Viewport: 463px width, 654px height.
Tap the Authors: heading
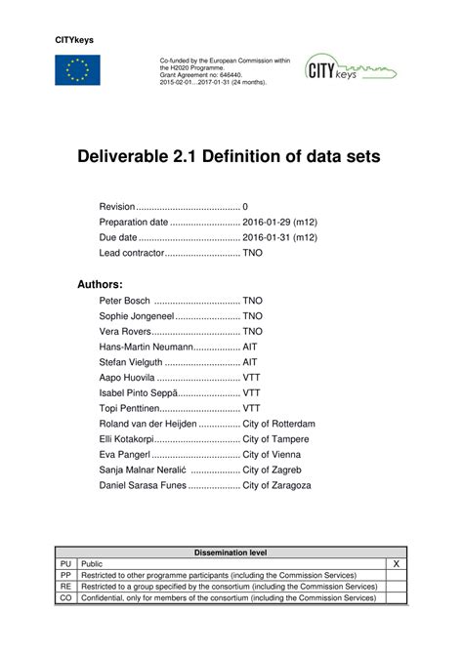tap(99, 284)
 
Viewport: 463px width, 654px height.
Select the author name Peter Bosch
tap(124, 302)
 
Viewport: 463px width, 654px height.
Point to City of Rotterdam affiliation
tap(278, 424)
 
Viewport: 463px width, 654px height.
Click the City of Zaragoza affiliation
tap(276, 485)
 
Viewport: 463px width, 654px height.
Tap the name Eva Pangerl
tap(125, 454)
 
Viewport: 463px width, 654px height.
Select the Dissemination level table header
tap(231, 552)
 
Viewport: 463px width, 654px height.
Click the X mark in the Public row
tap(396, 564)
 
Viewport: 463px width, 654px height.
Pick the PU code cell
tap(66, 564)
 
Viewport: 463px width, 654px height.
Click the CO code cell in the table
tap(66, 597)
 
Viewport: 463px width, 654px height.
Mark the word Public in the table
tap(93, 564)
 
